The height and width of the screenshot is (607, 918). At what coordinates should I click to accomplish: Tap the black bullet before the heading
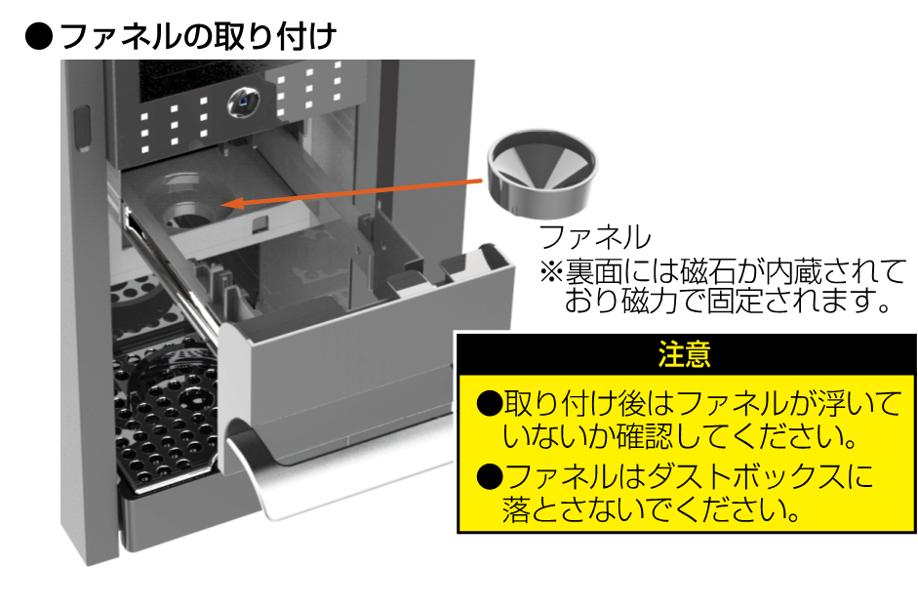(x=36, y=36)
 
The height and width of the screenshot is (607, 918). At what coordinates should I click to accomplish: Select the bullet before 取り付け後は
(x=489, y=402)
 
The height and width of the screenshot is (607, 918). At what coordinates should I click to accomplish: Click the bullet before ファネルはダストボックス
(x=489, y=477)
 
